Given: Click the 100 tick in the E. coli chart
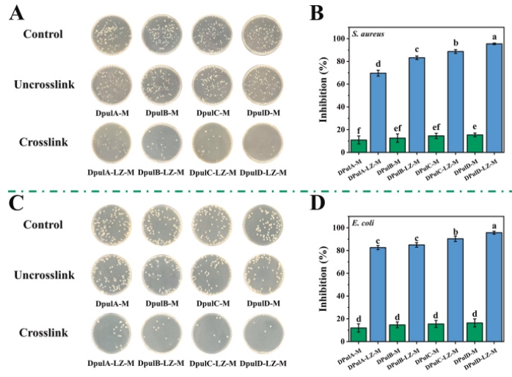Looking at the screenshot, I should (338, 228).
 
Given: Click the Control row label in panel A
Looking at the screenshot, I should (43, 34).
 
